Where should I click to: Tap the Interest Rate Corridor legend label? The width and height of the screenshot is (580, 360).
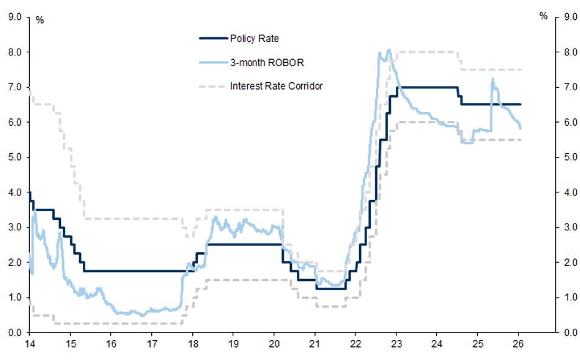click(x=276, y=86)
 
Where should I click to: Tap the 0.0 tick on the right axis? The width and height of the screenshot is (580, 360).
click(x=569, y=333)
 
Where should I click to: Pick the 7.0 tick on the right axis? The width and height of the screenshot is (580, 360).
click(x=569, y=87)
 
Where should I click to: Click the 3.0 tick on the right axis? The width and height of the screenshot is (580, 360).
click(x=569, y=227)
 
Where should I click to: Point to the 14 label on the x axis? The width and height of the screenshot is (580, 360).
click(x=29, y=343)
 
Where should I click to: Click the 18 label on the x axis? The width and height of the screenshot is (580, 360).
click(x=192, y=343)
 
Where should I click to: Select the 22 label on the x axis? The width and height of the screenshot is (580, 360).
click(x=355, y=343)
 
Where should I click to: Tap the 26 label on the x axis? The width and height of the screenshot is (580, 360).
click(x=518, y=343)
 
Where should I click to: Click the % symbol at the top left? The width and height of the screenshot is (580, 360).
click(x=40, y=20)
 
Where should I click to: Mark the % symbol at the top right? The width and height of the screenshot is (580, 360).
click(x=543, y=17)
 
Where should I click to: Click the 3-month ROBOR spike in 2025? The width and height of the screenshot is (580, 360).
click(x=492, y=79)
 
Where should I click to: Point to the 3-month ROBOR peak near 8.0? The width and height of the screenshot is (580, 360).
click(x=389, y=50)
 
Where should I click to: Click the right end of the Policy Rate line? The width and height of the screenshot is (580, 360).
click(x=520, y=104)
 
